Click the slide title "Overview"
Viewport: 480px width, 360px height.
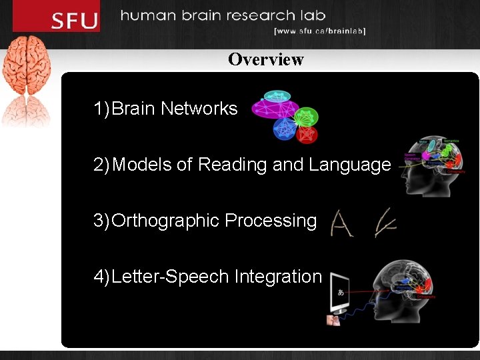[265, 59]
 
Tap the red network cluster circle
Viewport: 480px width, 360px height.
[307, 134]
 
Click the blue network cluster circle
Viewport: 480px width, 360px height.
[285, 129]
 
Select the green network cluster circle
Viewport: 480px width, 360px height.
[307, 116]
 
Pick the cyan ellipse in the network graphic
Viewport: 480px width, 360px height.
[277, 96]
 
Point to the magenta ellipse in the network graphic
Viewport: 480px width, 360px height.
[274, 108]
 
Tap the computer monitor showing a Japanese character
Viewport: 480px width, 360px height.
[341, 291]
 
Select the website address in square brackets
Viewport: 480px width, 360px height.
[320, 31]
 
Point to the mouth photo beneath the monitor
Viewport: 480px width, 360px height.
[333, 320]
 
